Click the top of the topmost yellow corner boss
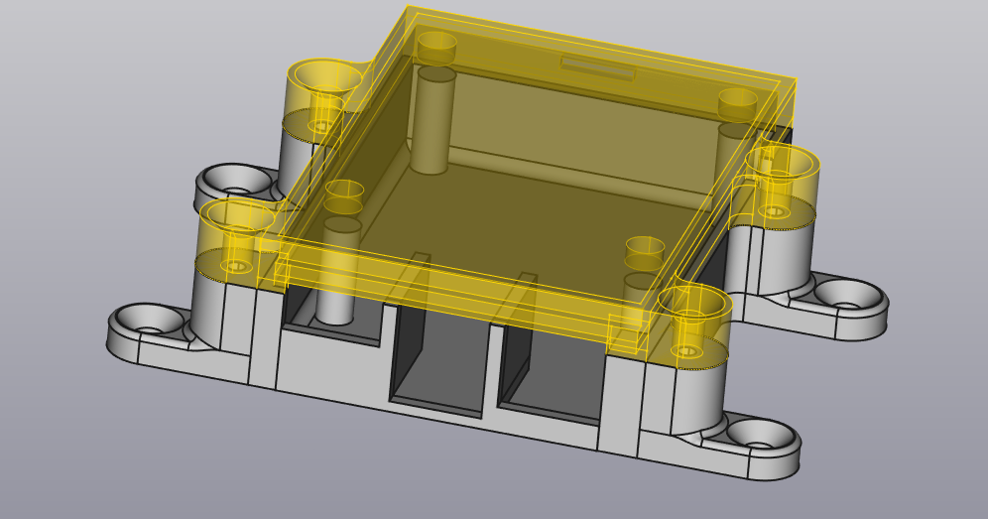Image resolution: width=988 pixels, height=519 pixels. point(324,74)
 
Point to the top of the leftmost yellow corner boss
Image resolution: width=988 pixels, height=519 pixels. point(238,214)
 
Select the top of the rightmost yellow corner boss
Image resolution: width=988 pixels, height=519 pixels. point(782,160)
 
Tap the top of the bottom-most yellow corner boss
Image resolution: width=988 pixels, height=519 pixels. point(694,301)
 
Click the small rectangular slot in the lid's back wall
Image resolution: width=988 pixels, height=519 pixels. point(597,68)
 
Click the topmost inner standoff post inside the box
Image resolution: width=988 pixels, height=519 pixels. point(434,119)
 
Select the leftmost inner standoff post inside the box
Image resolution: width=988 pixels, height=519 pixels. point(340,268)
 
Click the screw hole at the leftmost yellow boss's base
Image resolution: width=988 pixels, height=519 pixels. point(236,266)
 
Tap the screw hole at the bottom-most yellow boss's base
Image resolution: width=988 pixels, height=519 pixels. point(686,351)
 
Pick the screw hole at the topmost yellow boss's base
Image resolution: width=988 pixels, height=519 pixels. point(322,126)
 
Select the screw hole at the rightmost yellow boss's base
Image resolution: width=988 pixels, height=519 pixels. point(775,211)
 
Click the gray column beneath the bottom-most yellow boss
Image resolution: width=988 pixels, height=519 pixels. point(694,397)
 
